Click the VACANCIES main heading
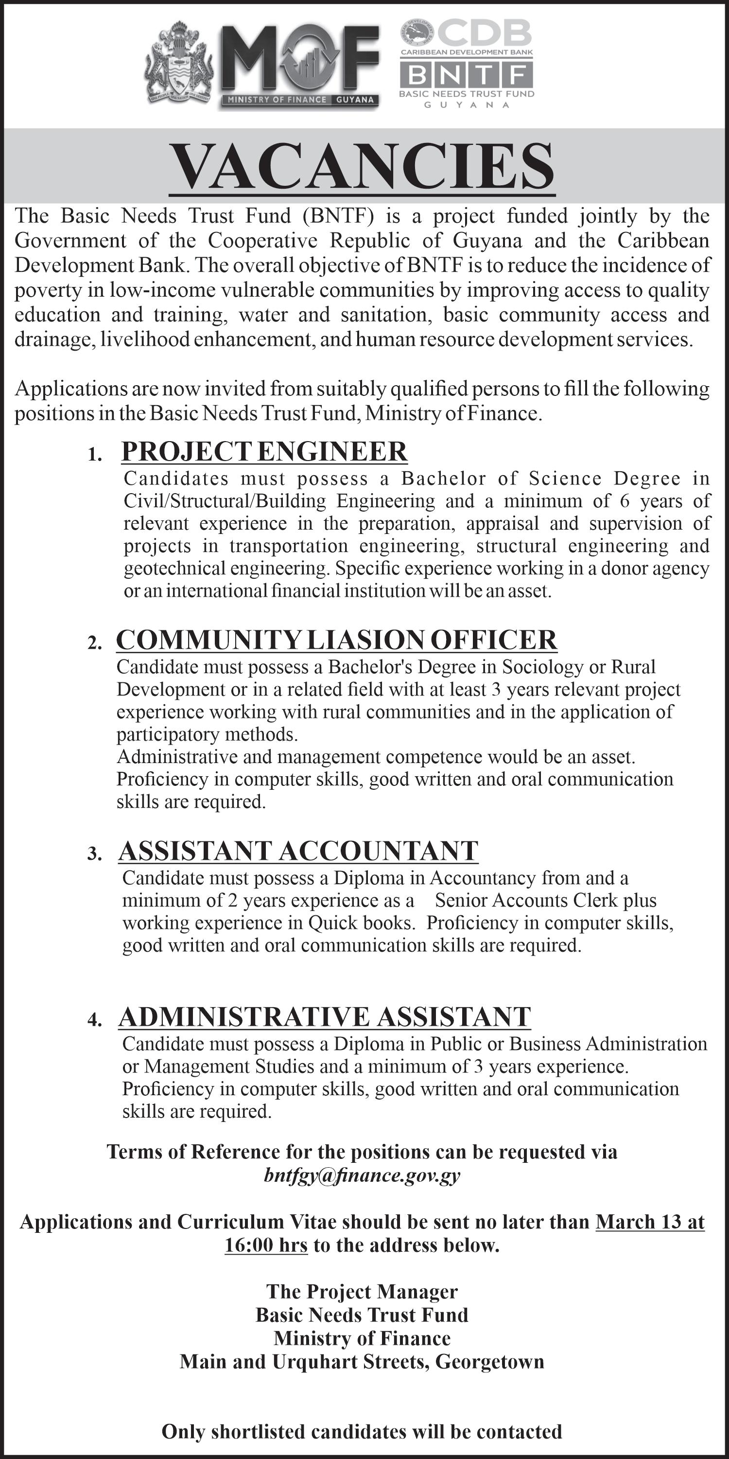pos(362,166)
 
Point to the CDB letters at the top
pos(484,33)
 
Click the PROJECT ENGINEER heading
pos(264,451)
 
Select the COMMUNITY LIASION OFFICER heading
pos(337,640)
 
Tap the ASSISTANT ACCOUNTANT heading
pos(298,851)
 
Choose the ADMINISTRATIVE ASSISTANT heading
pos(324,1017)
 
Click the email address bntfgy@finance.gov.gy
pos(362,1176)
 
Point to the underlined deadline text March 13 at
pos(650,1222)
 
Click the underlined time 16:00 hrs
pos(266,1245)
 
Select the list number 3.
pos(94,854)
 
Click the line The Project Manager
pos(362,1291)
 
